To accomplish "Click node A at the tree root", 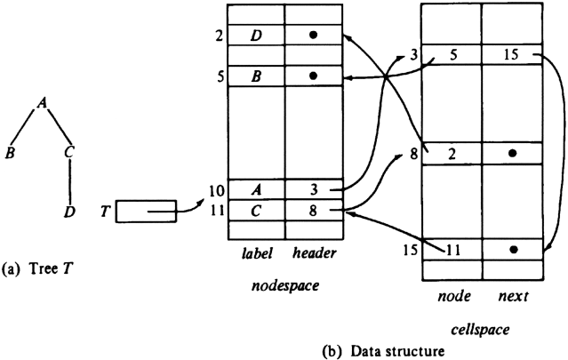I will [42, 103].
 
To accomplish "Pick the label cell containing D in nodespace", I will [255, 36].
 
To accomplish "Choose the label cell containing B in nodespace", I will [255, 76].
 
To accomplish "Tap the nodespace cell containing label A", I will [255, 189].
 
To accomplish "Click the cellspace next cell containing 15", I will [511, 55].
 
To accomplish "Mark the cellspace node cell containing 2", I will [451, 153].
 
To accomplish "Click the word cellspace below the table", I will [480, 330].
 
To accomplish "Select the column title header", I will [314, 253].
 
